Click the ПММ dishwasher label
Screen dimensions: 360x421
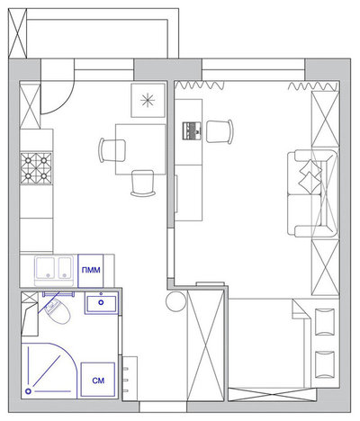pyautogui.click(x=91, y=270)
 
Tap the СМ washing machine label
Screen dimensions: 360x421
pyautogui.click(x=98, y=381)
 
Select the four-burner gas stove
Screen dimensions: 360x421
pyautogui.click(x=36, y=168)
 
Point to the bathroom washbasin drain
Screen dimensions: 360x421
pyautogui.click(x=101, y=302)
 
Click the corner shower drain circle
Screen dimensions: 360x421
pyautogui.click(x=29, y=391)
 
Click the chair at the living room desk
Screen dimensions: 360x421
pyautogui.click(x=220, y=131)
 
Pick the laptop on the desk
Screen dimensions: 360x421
pyautogui.click(x=192, y=130)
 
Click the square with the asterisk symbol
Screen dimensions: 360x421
pyautogui.click(x=148, y=100)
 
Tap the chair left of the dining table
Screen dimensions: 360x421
pyautogui.click(x=112, y=150)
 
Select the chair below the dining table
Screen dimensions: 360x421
pyautogui.click(x=143, y=184)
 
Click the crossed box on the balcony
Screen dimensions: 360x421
pyautogui.click(x=17, y=33)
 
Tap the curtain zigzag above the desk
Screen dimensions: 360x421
pyautogui.click(x=200, y=85)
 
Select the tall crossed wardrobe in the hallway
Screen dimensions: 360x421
pyautogui.click(x=205, y=345)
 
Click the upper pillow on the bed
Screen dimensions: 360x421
pyautogui.click(x=325, y=321)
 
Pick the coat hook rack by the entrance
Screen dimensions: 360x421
pyautogui.click(x=130, y=379)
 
